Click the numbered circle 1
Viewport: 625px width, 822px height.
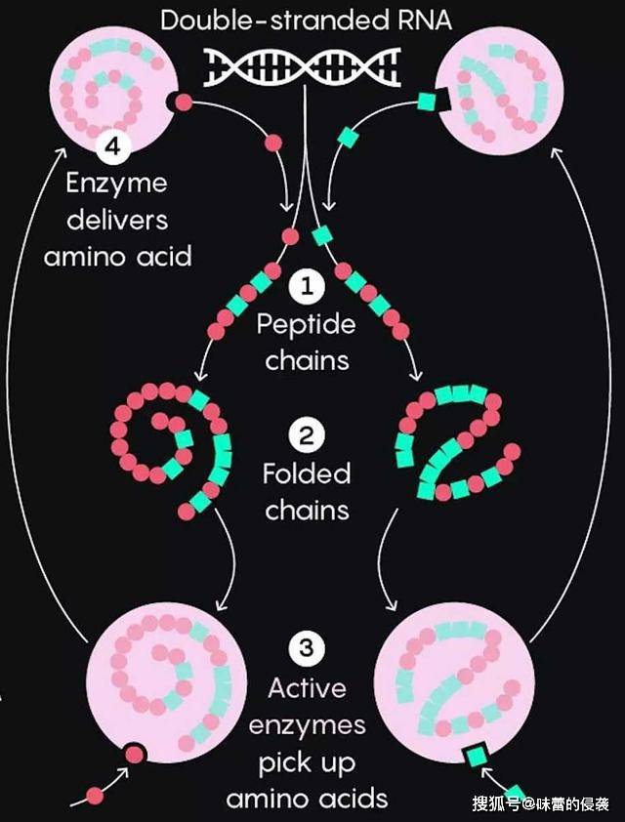tap(307, 286)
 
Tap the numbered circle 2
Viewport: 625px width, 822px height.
tap(307, 435)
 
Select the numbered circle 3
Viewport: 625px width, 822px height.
tap(307, 648)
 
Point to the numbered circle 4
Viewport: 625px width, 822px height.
tap(113, 145)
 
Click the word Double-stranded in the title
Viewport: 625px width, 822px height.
tap(273, 20)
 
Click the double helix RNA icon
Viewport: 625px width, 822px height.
tap(302, 67)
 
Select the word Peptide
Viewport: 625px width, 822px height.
tap(307, 325)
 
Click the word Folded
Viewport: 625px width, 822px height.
tap(307, 473)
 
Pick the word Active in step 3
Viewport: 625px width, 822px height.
tap(307, 688)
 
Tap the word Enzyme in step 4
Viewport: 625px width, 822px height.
tap(116, 185)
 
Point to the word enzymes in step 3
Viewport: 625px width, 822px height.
tap(307, 727)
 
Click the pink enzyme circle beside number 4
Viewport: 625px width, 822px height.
tap(114, 88)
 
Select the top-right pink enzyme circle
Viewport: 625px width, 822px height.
tap(499, 90)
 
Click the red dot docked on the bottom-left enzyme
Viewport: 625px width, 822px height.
tap(135, 755)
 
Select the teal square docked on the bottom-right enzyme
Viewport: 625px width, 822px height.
tap(477, 756)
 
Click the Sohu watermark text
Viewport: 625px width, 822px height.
tap(540, 803)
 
